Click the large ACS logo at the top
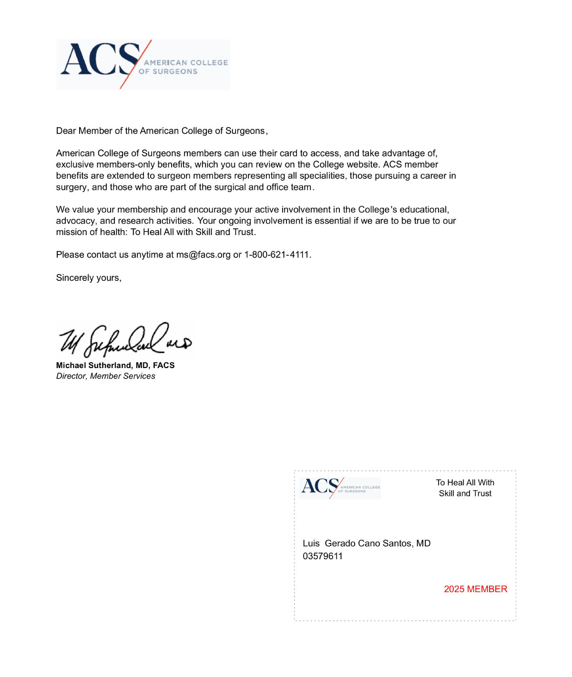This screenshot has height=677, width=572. [143, 64]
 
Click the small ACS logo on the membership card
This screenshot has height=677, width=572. [340, 488]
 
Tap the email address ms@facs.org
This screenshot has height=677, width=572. [203, 255]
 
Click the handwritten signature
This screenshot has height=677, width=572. [125, 339]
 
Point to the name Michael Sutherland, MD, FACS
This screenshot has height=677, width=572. [115, 365]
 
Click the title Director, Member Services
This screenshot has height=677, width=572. [105, 376]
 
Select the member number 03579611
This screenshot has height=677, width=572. [323, 556]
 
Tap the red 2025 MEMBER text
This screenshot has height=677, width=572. [475, 589]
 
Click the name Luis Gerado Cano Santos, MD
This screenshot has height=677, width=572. [367, 544]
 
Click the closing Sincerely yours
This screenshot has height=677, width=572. [89, 278]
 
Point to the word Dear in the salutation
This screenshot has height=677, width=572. [66, 131]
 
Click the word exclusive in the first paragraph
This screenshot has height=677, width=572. [74, 164]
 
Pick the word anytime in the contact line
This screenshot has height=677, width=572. [147, 255]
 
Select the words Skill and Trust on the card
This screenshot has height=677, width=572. [465, 493]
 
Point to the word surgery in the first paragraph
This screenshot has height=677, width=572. [71, 187]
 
